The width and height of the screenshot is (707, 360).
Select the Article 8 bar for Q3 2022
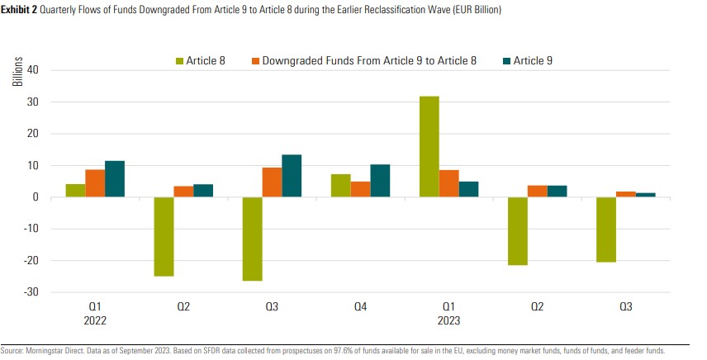tap(252, 239)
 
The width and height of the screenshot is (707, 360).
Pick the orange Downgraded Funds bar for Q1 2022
tap(95, 183)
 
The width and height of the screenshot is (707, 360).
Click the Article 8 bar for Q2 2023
tap(518, 231)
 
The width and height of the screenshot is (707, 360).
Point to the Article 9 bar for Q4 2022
tap(380, 181)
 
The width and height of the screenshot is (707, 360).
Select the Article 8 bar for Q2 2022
tap(164, 236)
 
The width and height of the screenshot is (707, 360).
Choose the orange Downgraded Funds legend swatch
tap(255, 60)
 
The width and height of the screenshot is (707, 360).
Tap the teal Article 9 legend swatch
tap(506, 60)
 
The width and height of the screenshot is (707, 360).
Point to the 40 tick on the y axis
tap(34, 70)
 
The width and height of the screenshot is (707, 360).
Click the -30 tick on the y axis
tap(31, 292)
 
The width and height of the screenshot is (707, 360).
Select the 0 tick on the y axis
tap(36, 197)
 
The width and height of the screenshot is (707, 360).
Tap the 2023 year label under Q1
tap(448, 320)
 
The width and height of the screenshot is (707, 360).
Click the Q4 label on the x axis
tap(360, 307)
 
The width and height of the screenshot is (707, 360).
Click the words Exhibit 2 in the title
tap(22, 11)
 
